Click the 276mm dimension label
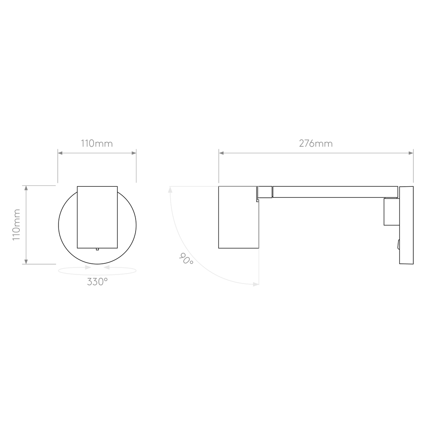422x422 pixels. (x=316, y=143)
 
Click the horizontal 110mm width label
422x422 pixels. (x=97, y=143)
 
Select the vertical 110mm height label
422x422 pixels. (x=16, y=225)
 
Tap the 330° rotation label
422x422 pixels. (x=97, y=282)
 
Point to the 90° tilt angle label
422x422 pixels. (x=186, y=258)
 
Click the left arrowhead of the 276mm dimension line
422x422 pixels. (x=221, y=153)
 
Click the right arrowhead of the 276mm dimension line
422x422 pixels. (x=411, y=153)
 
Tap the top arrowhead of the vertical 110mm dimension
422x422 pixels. (x=26, y=188)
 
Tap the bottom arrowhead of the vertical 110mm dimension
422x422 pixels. (x=26, y=262)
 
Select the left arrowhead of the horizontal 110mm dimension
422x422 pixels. (x=60, y=153)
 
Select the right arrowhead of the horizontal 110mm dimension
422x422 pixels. (x=134, y=153)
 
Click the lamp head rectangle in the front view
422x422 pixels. (x=97, y=217)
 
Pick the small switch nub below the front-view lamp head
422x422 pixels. (x=97, y=249)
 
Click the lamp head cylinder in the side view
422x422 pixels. (x=239, y=217)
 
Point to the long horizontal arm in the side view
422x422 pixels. (x=335, y=192)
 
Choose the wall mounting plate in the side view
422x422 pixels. (x=406, y=225)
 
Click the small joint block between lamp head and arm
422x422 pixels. (x=265, y=192)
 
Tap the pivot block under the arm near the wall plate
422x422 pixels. (x=392, y=211)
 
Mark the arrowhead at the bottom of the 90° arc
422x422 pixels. (x=256, y=284)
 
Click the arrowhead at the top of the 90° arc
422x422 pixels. (x=170, y=190)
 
